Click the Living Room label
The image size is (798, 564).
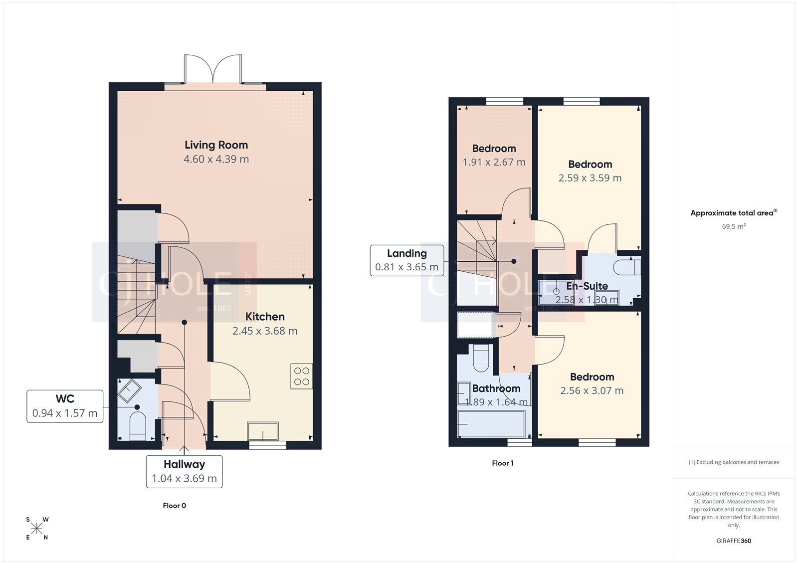click(x=216, y=145)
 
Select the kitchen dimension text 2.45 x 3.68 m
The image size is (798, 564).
click(x=265, y=331)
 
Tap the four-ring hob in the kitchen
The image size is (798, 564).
click(x=302, y=376)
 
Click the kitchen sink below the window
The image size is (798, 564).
click(x=263, y=431)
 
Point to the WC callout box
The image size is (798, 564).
click(x=65, y=406)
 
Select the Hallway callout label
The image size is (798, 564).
click(x=184, y=471)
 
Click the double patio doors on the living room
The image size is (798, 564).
click(x=213, y=70)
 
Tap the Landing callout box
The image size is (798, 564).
click(x=406, y=260)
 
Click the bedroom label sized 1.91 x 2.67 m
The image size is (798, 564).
click(x=494, y=149)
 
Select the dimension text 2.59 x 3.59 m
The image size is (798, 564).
click(x=590, y=178)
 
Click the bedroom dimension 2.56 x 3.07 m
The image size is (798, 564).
click(x=592, y=391)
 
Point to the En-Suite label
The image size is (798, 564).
click(x=587, y=286)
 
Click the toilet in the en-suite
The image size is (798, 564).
click(x=626, y=267)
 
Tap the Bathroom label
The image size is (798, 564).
click(x=496, y=388)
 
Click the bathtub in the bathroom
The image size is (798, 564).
click(x=491, y=423)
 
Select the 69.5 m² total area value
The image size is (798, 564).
click(x=734, y=226)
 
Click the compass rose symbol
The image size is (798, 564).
click(x=37, y=529)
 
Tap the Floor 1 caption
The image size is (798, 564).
click(x=502, y=463)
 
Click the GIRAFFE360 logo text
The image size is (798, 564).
click(x=734, y=541)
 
